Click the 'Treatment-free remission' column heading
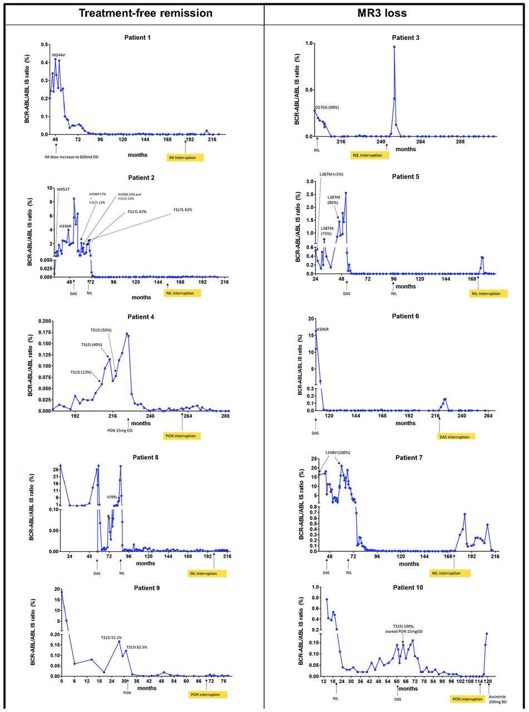click(146, 13)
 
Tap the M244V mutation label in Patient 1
click(59, 55)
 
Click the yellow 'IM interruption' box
click(185, 158)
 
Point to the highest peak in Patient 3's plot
click(394, 47)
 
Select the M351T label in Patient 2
click(63, 190)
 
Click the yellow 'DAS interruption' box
click(457, 437)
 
